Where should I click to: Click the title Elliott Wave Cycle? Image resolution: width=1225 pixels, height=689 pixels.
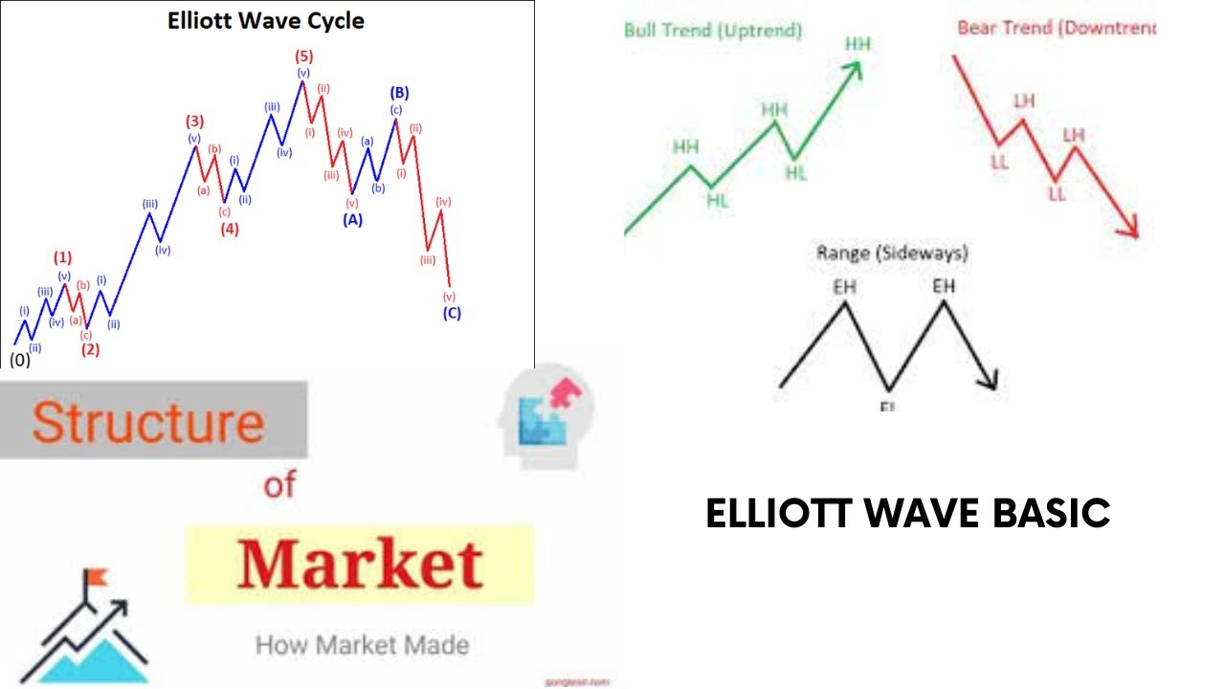click(x=265, y=20)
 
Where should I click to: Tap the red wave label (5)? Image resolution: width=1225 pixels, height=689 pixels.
click(x=303, y=56)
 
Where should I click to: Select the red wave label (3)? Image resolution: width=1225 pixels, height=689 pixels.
click(x=194, y=122)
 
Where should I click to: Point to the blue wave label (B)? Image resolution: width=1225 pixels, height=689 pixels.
click(x=399, y=93)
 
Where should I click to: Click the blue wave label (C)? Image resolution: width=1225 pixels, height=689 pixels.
click(x=452, y=313)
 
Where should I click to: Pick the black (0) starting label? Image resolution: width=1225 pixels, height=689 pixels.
click(x=19, y=361)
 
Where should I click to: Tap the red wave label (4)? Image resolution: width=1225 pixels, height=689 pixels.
click(x=230, y=229)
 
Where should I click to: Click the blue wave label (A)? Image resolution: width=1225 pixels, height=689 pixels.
click(x=353, y=219)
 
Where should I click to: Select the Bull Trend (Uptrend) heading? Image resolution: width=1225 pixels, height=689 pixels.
click(x=713, y=30)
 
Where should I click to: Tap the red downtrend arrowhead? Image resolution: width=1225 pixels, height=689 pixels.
click(x=1130, y=230)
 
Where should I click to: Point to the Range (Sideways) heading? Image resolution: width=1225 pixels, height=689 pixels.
click(x=892, y=254)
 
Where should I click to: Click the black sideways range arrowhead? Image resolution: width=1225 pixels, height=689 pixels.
click(x=990, y=381)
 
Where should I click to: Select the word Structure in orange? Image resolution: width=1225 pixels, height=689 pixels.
click(x=148, y=422)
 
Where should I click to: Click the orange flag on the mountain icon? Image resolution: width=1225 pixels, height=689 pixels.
click(x=98, y=578)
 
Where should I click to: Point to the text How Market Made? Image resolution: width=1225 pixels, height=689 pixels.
click(x=362, y=644)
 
